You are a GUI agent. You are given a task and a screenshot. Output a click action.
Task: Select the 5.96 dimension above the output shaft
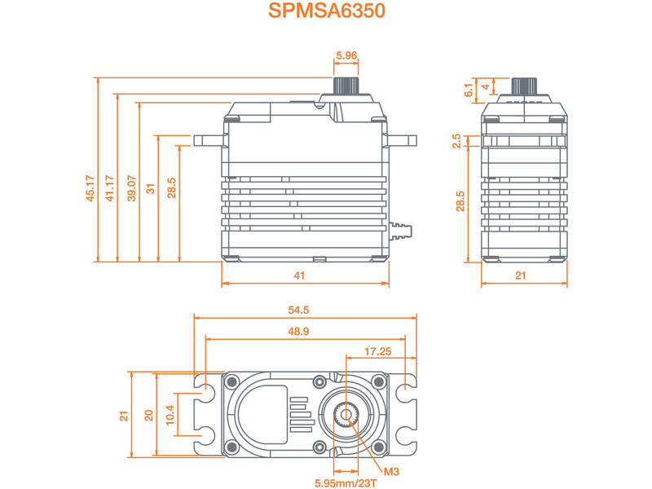346,57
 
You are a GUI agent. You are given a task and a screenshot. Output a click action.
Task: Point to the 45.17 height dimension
90,188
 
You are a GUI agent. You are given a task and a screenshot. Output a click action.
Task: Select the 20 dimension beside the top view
148,415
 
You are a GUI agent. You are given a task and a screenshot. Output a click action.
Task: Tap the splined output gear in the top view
346,415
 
